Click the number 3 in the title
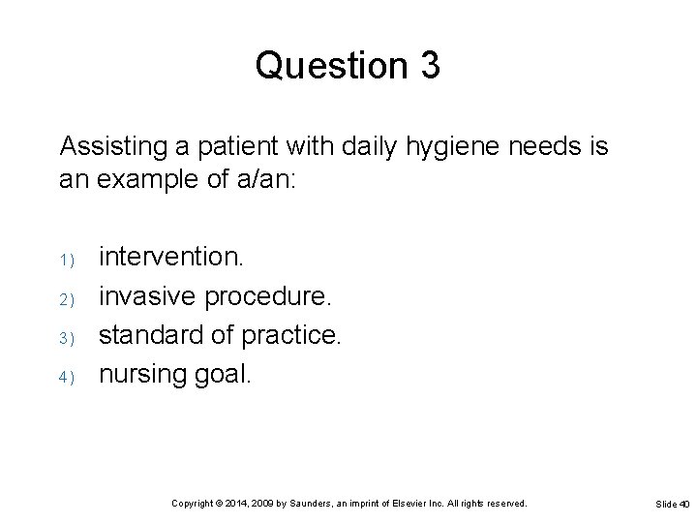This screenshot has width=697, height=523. coord(430,65)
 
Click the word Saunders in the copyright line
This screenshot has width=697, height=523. coord(307,504)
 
